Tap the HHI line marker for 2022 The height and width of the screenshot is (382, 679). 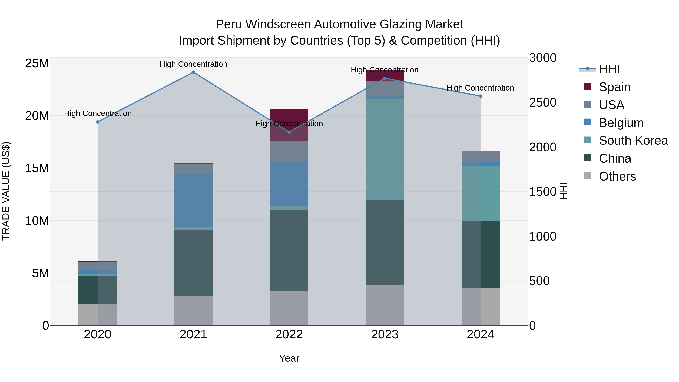point(289,132)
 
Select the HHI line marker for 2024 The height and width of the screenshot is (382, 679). point(481,96)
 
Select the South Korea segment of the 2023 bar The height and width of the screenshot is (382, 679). point(385,149)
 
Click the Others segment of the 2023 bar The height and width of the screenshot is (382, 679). point(385,305)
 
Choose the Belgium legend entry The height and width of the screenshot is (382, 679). point(621,123)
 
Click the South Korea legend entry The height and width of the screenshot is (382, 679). point(633,141)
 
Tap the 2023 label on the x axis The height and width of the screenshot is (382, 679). point(385,334)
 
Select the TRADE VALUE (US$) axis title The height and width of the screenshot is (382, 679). point(6,191)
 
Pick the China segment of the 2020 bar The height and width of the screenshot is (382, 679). point(98,290)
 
